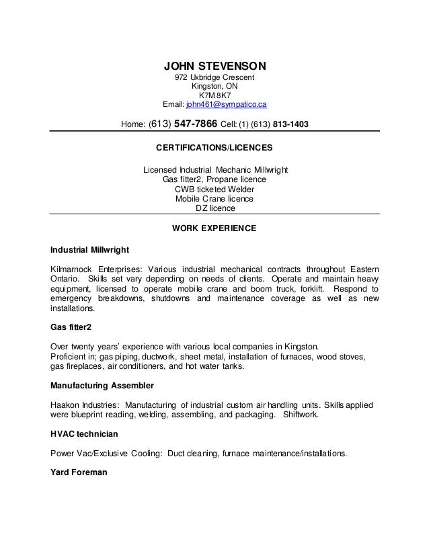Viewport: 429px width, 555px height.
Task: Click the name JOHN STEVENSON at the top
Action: click(x=215, y=66)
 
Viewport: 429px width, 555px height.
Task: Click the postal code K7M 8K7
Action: click(x=214, y=95)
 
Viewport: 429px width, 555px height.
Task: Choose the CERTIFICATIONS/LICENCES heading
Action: click(x=214, y=146)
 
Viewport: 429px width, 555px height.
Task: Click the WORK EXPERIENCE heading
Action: click(x=214, y=228)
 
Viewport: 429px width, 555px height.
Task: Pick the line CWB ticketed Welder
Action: click(x=214, y=189)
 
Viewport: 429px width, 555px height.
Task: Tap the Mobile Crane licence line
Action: click(x=214, y=199)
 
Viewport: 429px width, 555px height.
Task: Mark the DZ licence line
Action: click(x=214, y=208)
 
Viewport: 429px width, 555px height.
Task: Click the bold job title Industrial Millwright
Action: click(x=84, y=249)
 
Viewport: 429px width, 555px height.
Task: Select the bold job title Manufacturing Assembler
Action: click(x=102, y=386)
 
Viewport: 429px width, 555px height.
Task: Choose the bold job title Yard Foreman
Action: click(x=79, y=472)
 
